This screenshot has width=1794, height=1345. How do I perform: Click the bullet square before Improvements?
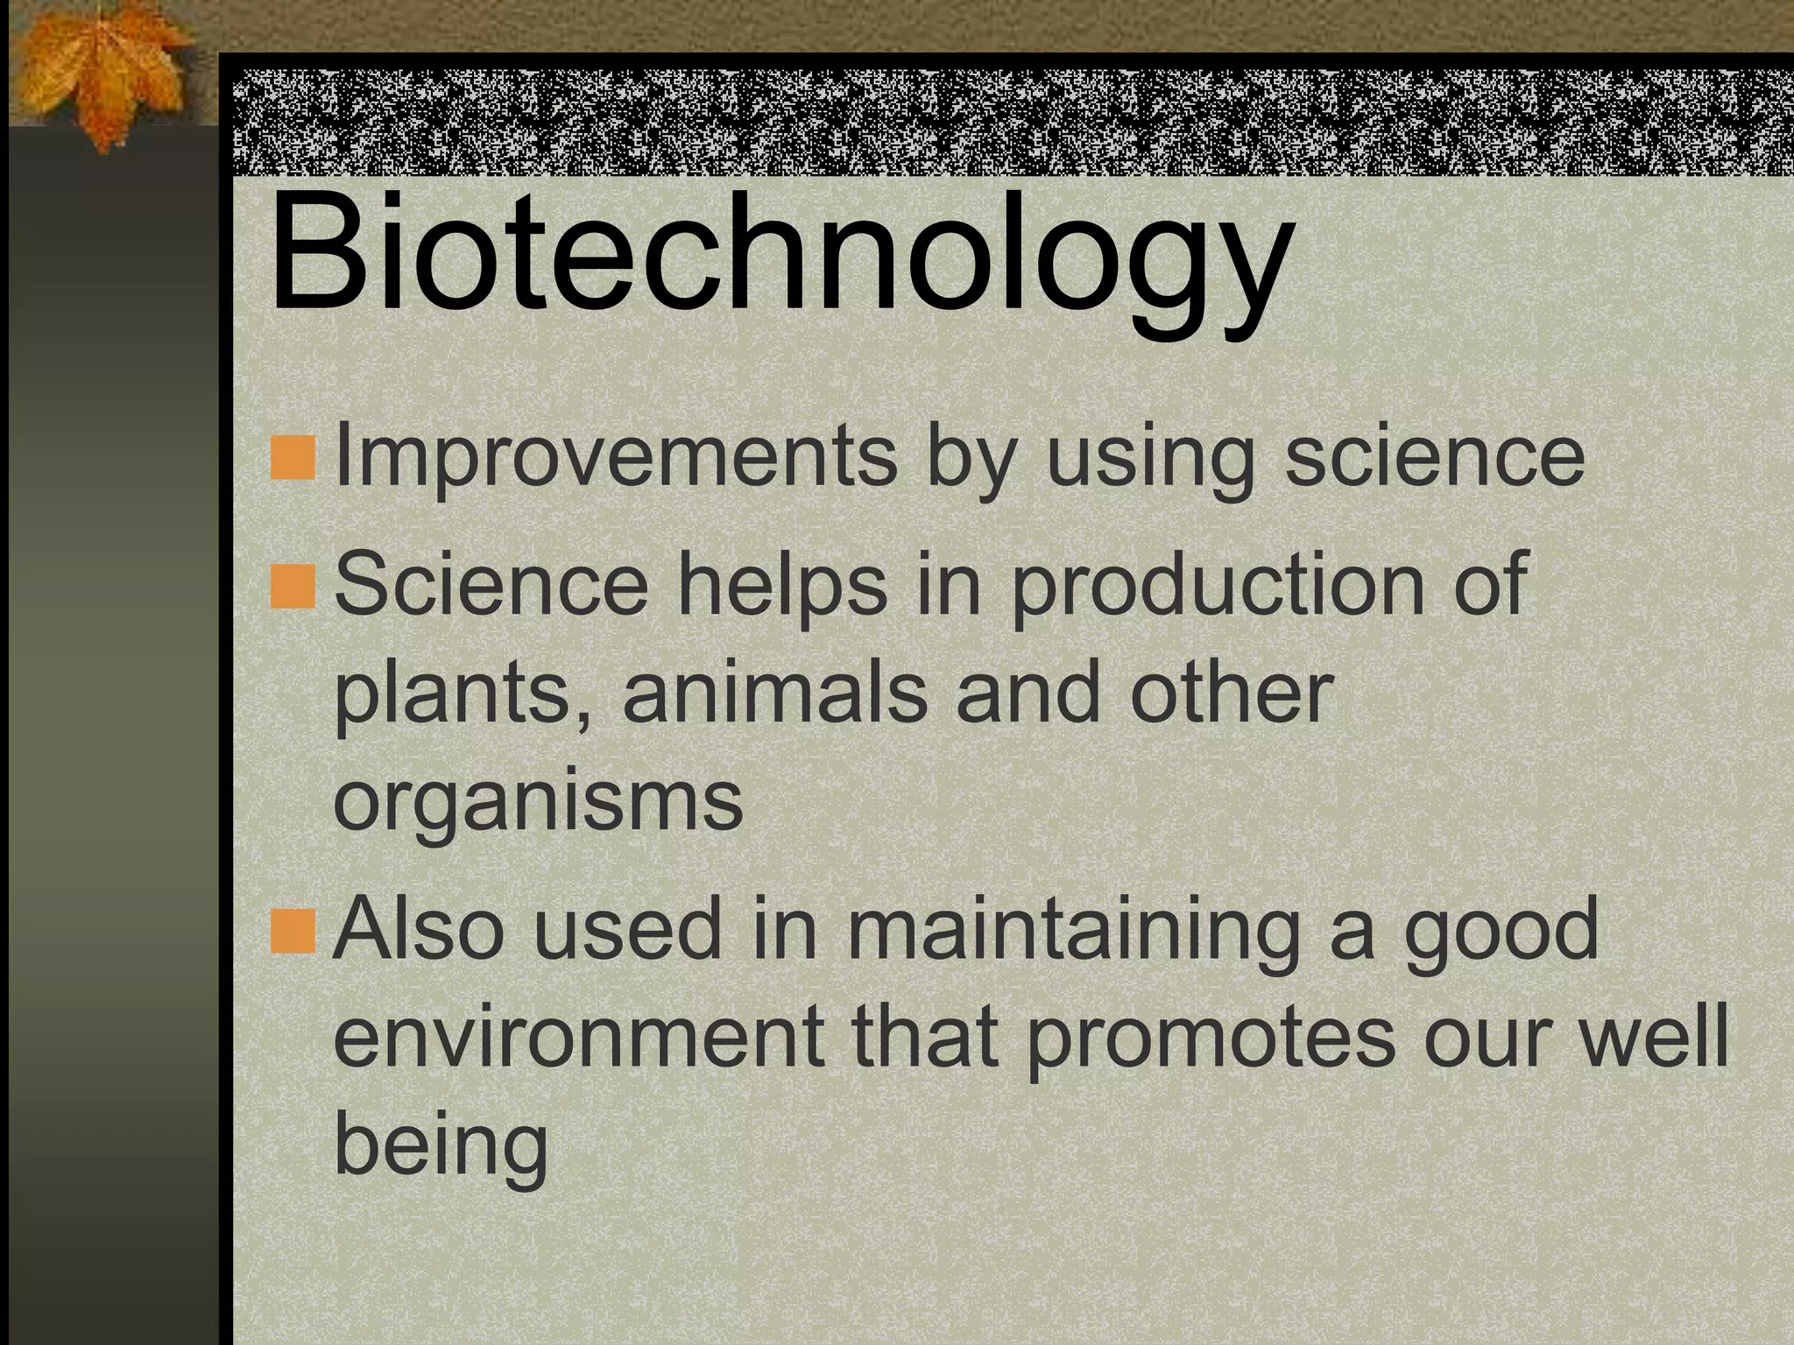coord(293,461)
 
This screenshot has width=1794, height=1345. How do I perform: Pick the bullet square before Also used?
coord(293,932)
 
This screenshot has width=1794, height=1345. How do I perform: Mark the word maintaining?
coord(1073,932)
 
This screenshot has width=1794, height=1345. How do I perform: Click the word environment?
coord(579,1038)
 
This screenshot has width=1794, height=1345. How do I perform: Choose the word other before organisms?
coord(1232,692)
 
